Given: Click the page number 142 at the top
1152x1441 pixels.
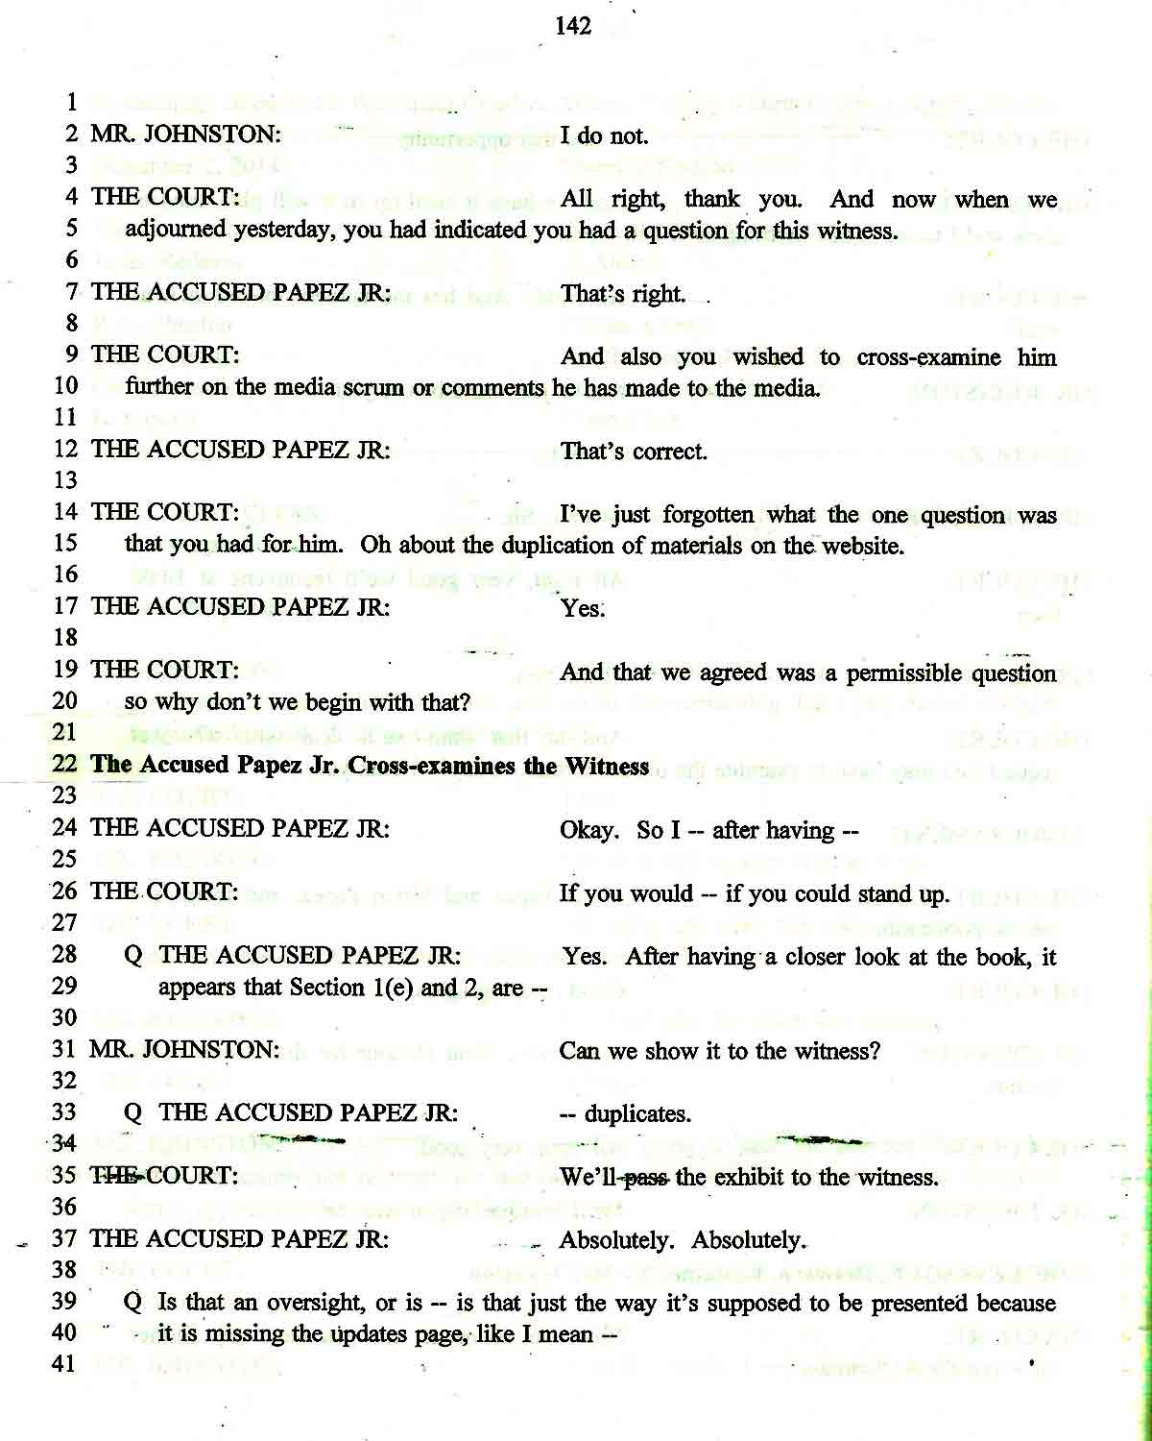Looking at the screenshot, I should [x=573, y=26].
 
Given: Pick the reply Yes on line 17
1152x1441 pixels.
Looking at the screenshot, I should [x=581, y=608].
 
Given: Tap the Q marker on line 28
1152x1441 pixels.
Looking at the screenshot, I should [x=133, y=956].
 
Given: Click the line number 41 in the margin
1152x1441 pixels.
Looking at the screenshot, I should [x=63, y=1364].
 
